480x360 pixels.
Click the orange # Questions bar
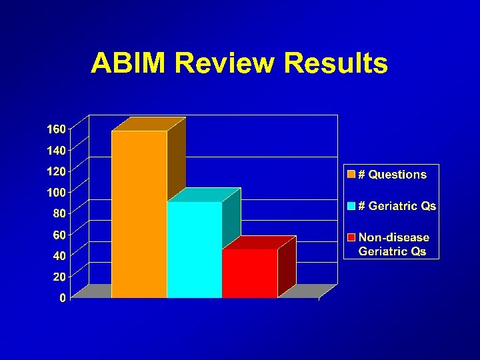[139, 213]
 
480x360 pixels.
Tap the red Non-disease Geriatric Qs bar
[249, 273]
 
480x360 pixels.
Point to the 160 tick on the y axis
[55, 129]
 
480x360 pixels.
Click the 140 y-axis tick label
[55, 150]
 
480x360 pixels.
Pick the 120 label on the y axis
[55, 171]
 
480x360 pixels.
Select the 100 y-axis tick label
[55, 193]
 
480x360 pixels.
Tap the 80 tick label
[59, 214]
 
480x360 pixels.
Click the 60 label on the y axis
[59, 235]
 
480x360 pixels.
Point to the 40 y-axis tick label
[59, 256]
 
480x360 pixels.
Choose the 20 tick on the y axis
[59, 277]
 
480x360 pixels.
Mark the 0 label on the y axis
[62, 298]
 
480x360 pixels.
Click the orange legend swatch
[351, 175]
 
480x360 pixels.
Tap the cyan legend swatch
[351, 206]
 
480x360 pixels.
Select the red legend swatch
[351, 237]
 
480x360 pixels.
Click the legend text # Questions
[393, 175]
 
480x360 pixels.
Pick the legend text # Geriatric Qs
[397, 206]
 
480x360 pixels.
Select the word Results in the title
[335, 63]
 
